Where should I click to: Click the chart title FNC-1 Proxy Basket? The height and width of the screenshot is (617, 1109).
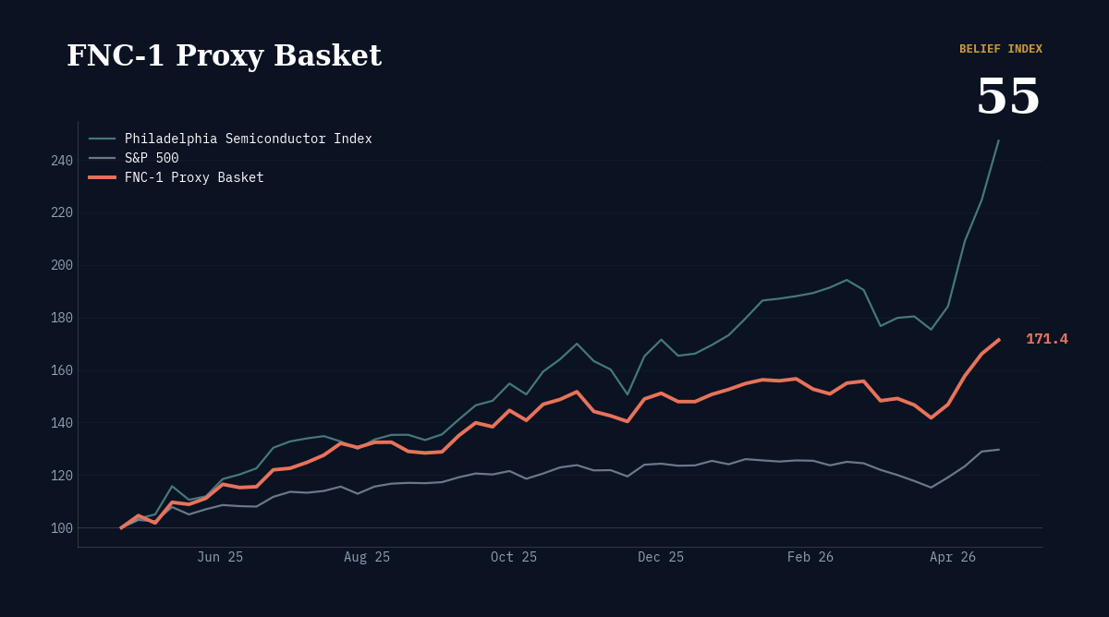pos(224,55)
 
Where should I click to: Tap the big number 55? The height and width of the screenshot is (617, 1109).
pos(1008,96)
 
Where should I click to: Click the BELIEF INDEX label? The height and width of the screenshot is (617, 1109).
pos(1000,49)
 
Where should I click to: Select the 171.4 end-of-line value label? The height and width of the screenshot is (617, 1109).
pos(1046,339)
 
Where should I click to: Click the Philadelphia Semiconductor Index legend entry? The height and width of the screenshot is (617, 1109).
pos(248,139)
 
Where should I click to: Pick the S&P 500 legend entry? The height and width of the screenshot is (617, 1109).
pos(152,158)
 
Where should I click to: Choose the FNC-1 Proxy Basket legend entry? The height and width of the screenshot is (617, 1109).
pos(194,177)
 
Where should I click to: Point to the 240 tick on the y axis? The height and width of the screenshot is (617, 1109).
pos(62,161)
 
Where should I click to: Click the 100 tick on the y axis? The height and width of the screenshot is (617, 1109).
pos(62,528)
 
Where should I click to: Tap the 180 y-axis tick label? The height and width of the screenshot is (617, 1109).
pos(62,318)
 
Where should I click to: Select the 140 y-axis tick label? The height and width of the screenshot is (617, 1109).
pos(62,423)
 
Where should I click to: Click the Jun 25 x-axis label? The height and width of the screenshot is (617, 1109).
pos(220,557)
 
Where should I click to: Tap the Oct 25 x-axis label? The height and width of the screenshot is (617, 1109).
pos(514,557)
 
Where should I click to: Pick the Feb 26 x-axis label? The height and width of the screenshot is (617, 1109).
pos(810,557)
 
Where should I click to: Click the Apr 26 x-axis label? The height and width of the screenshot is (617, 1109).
pos(952,557)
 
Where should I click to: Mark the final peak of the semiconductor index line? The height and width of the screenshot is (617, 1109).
pos(998,140)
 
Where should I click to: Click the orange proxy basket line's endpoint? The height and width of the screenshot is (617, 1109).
pos(998,340)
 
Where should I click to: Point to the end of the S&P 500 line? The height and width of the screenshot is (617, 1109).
pos(998,450)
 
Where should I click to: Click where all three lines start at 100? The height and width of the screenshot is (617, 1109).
pos(121,527)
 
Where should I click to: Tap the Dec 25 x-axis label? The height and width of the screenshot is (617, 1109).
pos(661,557)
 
